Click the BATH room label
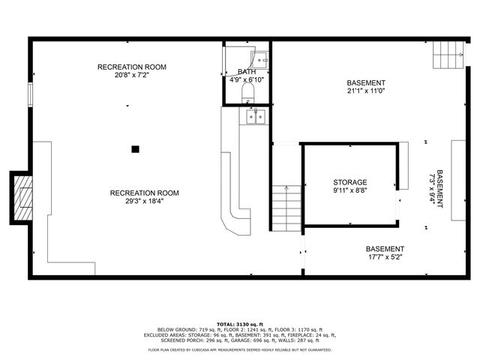point(247,72)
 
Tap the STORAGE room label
point(350,182)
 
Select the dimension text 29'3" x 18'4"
point(145,202)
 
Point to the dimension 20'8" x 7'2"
point(132,76)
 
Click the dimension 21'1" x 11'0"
point(366,91)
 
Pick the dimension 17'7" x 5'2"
point(385,258)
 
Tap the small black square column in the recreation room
point(136,148)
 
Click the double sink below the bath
point(256,116)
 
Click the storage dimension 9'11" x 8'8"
point(350,191)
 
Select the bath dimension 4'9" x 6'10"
point(247,80)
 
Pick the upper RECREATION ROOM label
point(132,67)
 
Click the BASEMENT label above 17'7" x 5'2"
point(385,249)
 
